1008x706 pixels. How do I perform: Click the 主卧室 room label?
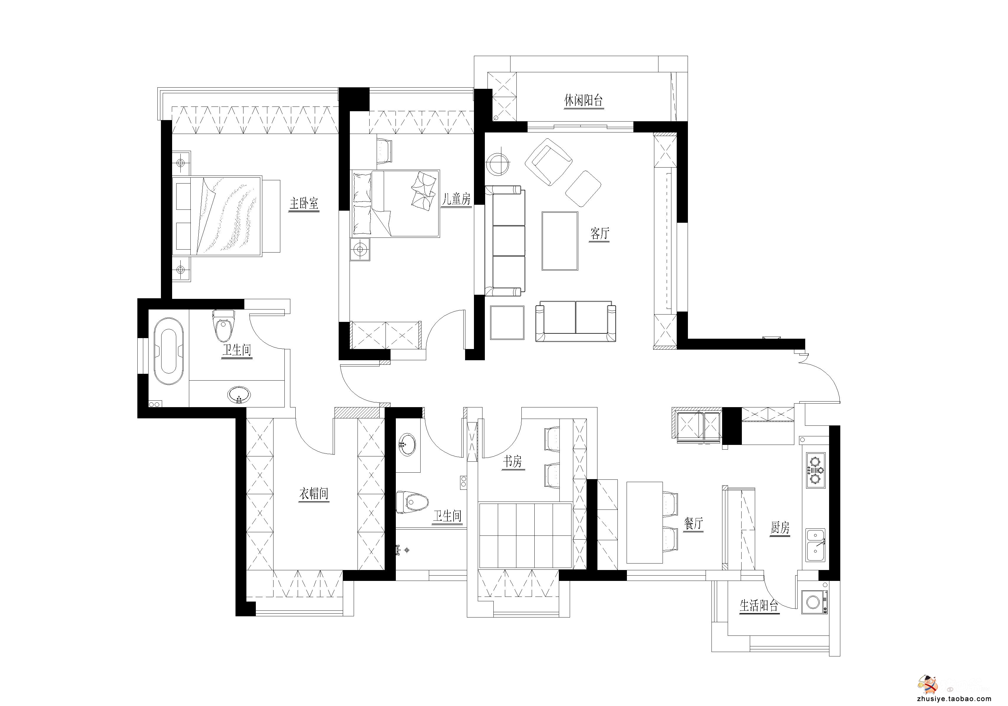coord(304,203)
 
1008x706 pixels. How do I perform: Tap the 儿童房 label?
coord(456,199)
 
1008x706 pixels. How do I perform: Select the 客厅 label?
coord(600,234)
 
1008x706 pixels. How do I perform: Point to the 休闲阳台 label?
coord(584,101)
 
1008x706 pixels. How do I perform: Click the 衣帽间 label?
coord(314,494)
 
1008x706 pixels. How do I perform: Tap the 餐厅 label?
coord(694,524)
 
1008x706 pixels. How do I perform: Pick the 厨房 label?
coord(780,527)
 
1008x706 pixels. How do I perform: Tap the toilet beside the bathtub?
coord(223,325)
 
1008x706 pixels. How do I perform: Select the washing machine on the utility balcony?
coord(814,602)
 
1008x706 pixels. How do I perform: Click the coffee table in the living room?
coord(560,241)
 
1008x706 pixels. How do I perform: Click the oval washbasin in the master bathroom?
coord(239,394)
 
